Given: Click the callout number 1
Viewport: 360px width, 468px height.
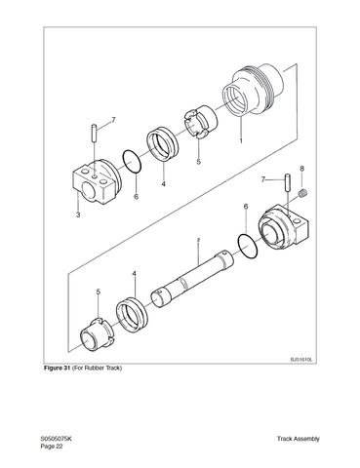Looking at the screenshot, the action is tap(241, 140).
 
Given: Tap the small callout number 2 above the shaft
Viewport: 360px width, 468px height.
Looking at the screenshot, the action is tap(198, 240).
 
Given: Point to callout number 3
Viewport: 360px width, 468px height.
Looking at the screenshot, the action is tap(78, 214).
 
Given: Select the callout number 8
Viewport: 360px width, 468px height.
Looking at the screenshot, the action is tap(302, 169).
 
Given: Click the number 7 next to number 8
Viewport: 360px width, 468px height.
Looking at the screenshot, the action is tap(263, 179).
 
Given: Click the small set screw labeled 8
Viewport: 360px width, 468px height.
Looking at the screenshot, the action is tap(302, 193).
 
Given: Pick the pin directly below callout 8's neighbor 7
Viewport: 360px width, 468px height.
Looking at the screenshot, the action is tap(288, 183).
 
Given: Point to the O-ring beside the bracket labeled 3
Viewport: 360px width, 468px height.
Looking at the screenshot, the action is tap(132, 161).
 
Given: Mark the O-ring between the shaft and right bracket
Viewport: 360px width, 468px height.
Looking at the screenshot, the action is tap(248, 247).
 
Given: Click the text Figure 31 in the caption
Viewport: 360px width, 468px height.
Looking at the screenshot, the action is tap(58, 368).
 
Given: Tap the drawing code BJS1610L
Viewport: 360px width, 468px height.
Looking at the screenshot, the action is tap(301, 360).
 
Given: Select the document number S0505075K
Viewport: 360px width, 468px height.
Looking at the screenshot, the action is tap(56, 439).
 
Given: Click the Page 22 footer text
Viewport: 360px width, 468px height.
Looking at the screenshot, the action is tap(52, 447).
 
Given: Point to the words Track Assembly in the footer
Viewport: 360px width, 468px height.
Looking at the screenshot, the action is tap(299, 439).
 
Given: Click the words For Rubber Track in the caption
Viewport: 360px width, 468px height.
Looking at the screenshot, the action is tap(97, 368).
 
